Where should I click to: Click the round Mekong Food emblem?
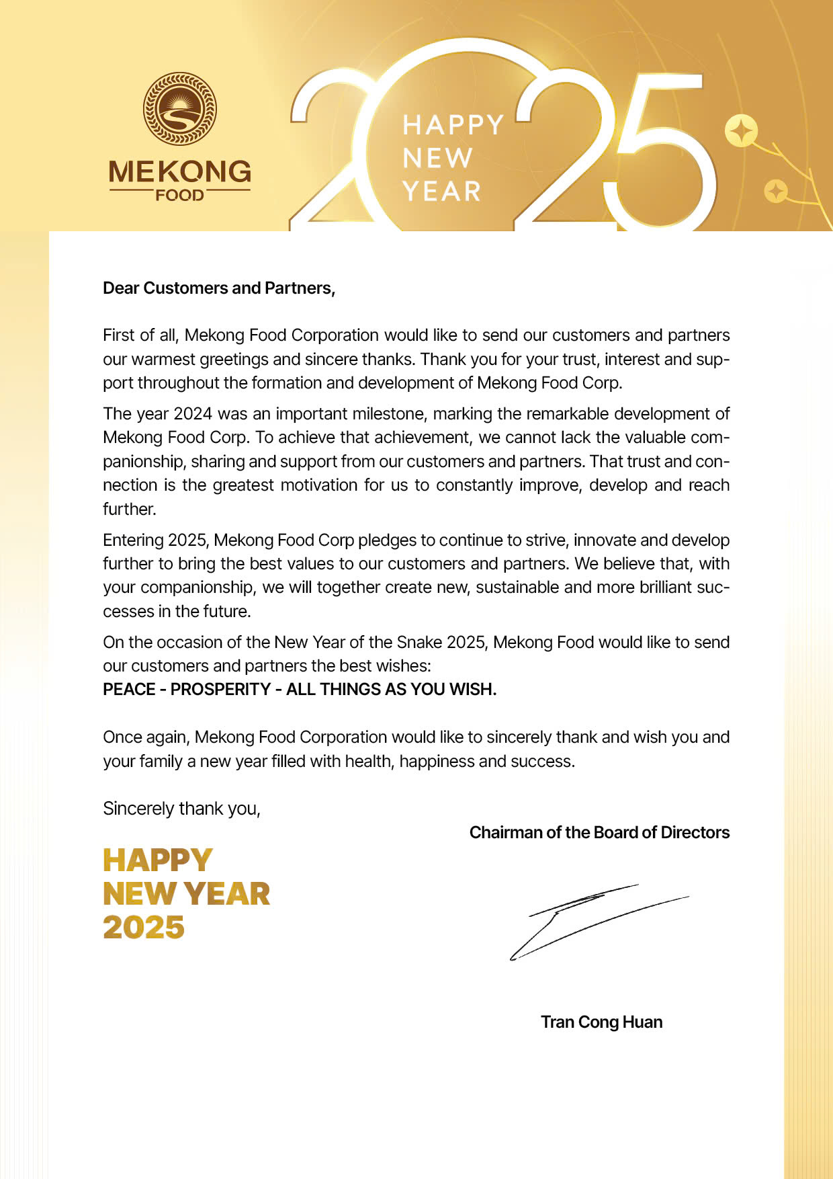[x=179, y=109]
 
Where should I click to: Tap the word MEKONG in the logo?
[x=179, y=172]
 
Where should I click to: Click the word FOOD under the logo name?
[x=179, y=196]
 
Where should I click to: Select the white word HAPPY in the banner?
[x=453, y=126]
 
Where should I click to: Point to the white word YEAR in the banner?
[x=442, y=192]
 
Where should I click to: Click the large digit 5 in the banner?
[x=662, y=155]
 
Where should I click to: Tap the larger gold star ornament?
[x=741, y=131]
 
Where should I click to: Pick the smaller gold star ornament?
[x=776, y=192]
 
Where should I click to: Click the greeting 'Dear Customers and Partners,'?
[x=219, y=288]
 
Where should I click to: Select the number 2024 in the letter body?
[x=193, y=413]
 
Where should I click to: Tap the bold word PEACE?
[x=129, y=690]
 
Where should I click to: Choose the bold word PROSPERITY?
[x=220, y=690]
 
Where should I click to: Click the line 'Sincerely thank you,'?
[x=181, y=809]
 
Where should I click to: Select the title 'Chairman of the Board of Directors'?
[x=599, y=833]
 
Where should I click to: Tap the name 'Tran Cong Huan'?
[x=602, y=1022]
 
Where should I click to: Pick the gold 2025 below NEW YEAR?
[x=144, y=928]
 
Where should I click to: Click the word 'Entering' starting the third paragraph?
[x=132, y=540]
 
